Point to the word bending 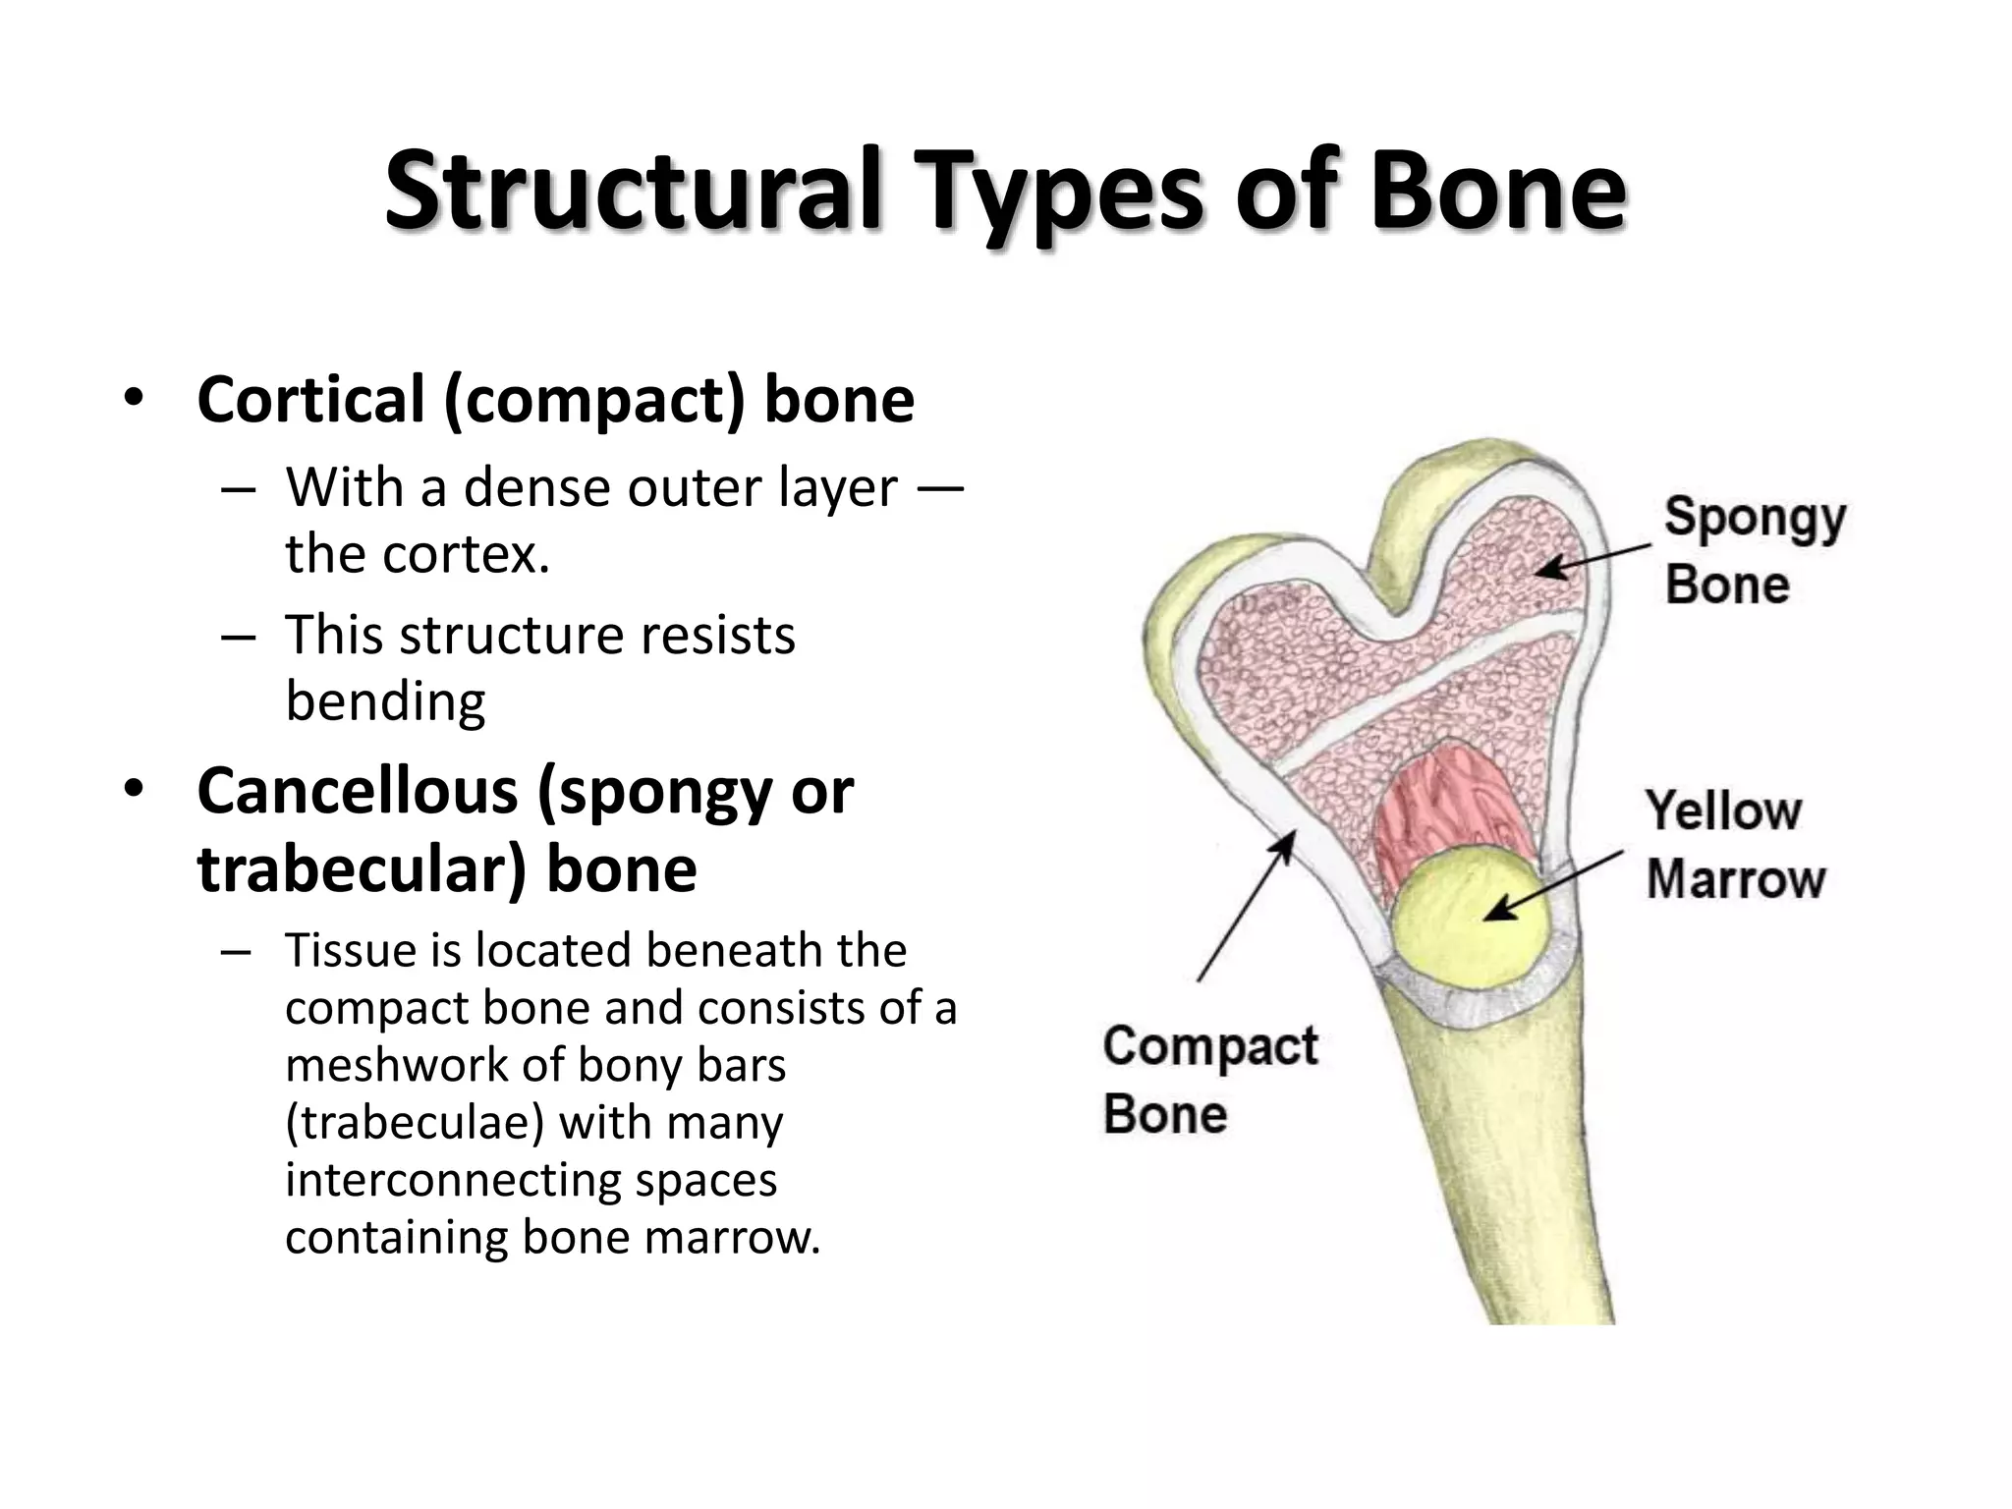(x=385, y=701)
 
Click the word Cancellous (x=358, y=791)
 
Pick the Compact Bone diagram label (x=1209, y=1079)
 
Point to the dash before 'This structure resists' (x=239, y=637)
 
